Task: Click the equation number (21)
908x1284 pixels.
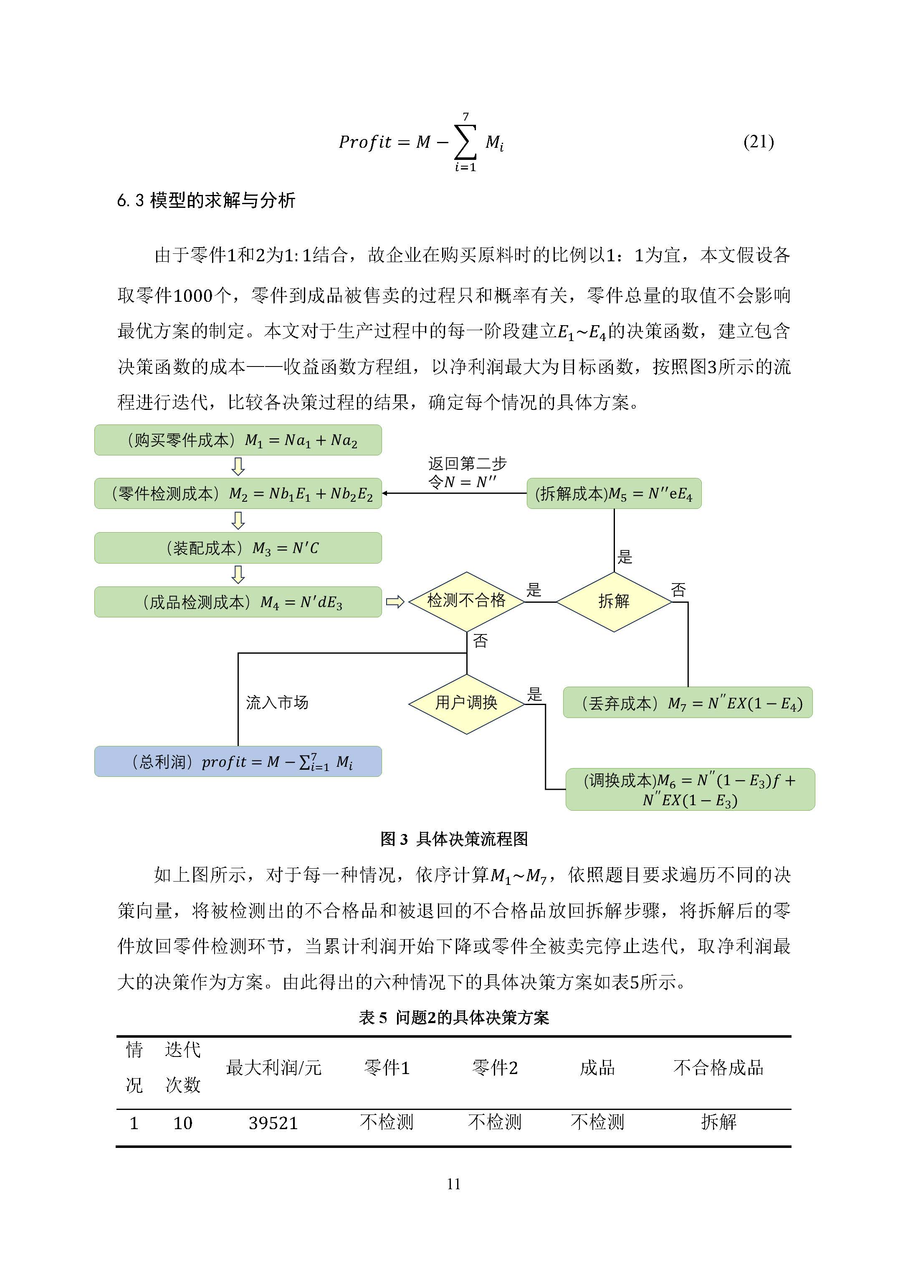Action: point(758,142)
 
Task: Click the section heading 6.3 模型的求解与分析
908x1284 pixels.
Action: point(206,200)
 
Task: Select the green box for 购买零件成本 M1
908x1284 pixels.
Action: point(238,440)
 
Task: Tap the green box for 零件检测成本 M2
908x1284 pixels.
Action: point(238,493)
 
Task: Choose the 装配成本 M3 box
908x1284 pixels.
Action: point(238,548)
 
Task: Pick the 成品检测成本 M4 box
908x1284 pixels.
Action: point(238,602)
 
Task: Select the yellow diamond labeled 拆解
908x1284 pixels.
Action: point(614,602)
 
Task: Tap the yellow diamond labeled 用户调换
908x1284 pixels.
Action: point(466,703)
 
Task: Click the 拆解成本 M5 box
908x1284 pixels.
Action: point(614,493)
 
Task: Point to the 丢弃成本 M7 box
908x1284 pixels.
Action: point(688,703)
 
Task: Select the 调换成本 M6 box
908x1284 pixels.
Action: point(690,789)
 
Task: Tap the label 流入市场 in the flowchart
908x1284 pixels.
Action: point(277,703)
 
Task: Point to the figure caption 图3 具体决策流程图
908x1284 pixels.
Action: point(454,839)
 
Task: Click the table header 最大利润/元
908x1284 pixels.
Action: point(273,1068)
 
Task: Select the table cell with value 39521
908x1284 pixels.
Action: point(273,1123)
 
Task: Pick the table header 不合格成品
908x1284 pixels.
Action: point(718,1068)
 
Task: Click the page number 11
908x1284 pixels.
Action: point(454,1184)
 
